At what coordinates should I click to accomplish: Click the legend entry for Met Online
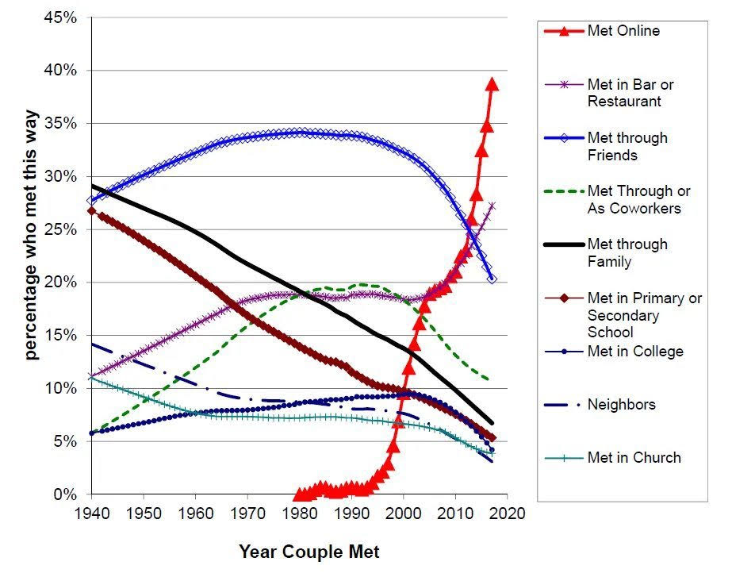click(x=623, y=31)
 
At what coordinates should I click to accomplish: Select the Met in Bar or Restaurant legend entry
click(x=630, y=92)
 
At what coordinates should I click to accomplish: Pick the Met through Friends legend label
click(x=627, y=146)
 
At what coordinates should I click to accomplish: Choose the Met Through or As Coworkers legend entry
click(x=638, y=199)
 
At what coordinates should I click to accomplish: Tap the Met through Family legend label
click(x=627, y=252)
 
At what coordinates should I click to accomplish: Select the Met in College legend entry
click(x=634, y=351)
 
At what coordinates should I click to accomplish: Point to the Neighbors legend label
click(x=621, y=404)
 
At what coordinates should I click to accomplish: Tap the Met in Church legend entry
click(x=634, y=457)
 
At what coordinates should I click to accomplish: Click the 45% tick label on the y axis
click(x=60, y=17)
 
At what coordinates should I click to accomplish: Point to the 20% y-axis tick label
click(x=60, y=283)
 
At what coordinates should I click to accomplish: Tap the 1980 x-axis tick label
click(x=299, y=513)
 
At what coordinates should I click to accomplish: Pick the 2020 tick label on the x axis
click(x=507, y=513)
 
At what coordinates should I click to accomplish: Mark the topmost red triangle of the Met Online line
click(x=492, y=84)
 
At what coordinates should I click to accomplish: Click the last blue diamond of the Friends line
click(x=492, y=279)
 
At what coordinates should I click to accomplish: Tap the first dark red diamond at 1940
click(x=91, y=210)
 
